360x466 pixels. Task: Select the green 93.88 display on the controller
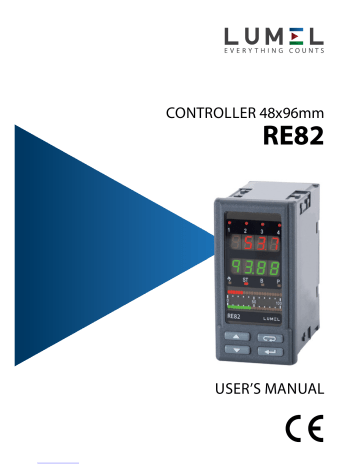coord(255,269)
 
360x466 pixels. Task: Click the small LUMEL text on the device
coord(274,318)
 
